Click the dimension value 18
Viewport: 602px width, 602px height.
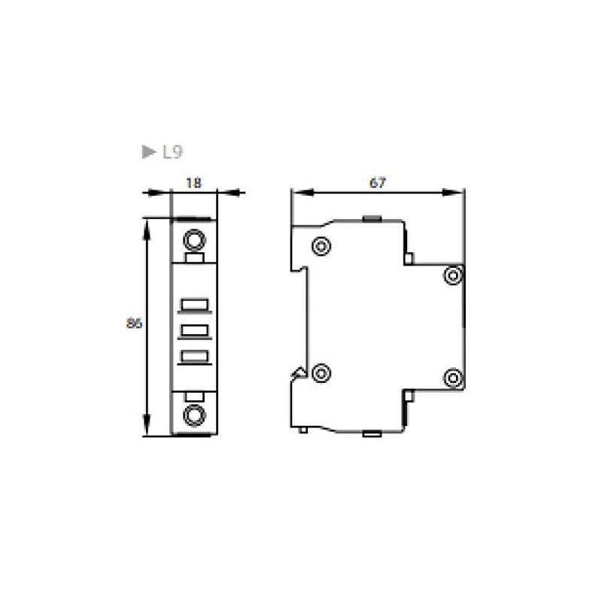pyautogui.click(x=193, y=183)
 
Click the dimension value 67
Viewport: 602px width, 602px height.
pyautogui.click(x=378, y=183)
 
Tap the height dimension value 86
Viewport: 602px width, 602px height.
pyautogui.click(x=134, y=324)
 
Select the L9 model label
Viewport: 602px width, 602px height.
pyautogui.click(x=172, y=152)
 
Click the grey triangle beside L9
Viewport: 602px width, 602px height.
pyautogui.click(x=148, y=152)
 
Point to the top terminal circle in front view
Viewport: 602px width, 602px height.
pyautogui.click(x=195, y=240)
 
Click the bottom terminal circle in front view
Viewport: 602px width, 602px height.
pyautogui.click(x=195, y=415)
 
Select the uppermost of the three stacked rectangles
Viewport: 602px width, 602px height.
pyautogui.click(x=195, y=306)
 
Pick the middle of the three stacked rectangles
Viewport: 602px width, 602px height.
pyautogui.click(x=195, y=332)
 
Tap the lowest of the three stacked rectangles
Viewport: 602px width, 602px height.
pyautogui.click(x=195, y=357)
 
